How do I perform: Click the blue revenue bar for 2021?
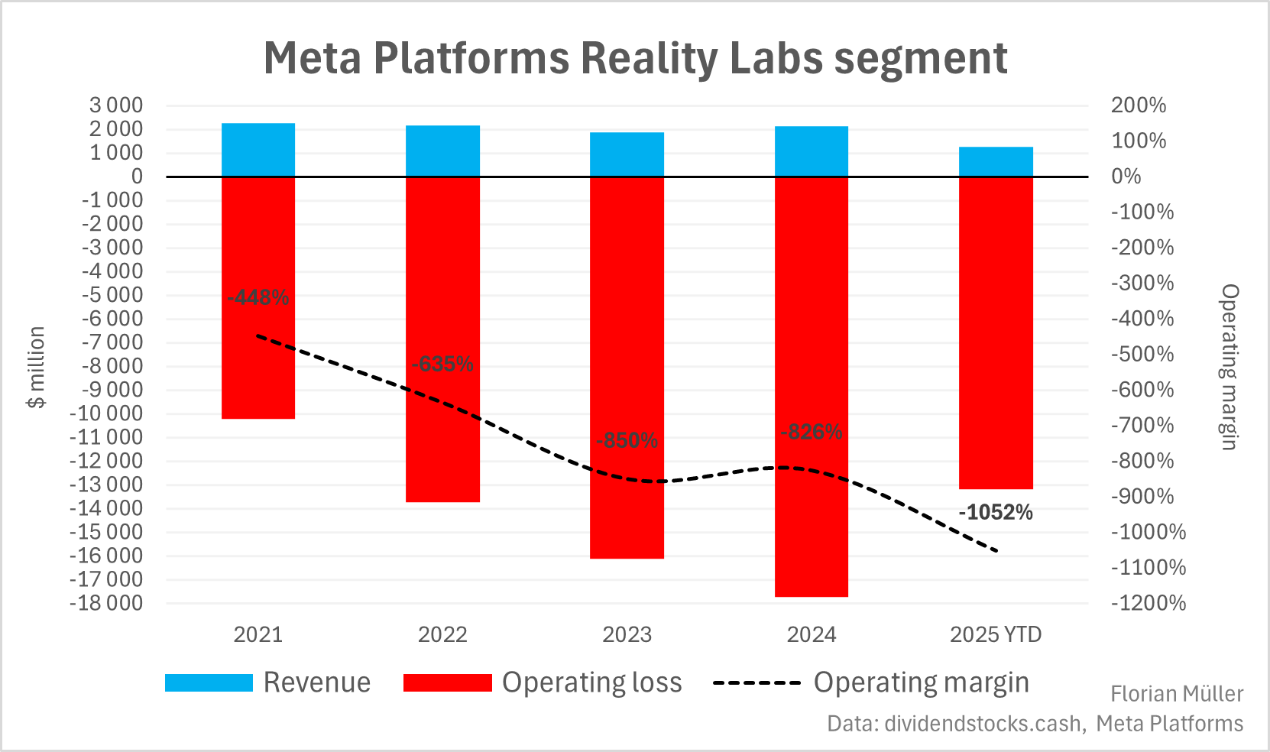click(258, 150)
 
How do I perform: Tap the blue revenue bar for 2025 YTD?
click(996, 161)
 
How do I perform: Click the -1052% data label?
click(996, 512)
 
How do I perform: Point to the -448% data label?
click(258, 297)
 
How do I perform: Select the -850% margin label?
click(627, 441)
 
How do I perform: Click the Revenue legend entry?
click(268, 682)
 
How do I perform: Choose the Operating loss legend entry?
click(543, 682)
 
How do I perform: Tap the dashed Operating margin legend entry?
click(871, 682)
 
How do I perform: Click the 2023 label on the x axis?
click(627, 634)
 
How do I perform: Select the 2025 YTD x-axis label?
click(996, 634)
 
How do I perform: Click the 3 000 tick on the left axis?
click(116, 105)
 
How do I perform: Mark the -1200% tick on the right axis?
click(1149, 603)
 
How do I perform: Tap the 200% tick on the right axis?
click(1139, 105)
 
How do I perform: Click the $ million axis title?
click(37, 367)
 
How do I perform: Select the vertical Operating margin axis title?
click(1229, 367)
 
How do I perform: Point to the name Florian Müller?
click(1177, 694)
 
